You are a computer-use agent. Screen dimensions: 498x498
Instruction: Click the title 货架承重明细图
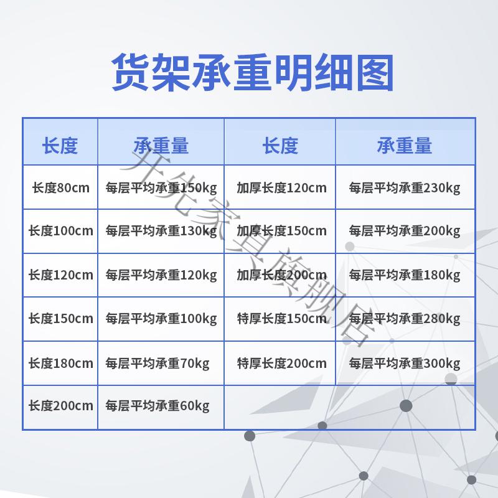(253, 72)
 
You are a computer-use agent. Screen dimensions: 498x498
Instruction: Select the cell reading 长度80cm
(60, 188)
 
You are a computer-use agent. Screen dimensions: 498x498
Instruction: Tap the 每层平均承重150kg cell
(161, 188)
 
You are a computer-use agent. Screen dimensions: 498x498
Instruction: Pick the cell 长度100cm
(60, 230)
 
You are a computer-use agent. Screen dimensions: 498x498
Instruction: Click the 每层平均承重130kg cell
(161, 231)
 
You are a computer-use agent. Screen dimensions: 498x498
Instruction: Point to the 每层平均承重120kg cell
(161, 275)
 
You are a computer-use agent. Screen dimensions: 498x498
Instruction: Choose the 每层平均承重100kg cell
(161, 319)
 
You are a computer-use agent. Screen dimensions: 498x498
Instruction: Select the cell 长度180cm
(60, 363)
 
